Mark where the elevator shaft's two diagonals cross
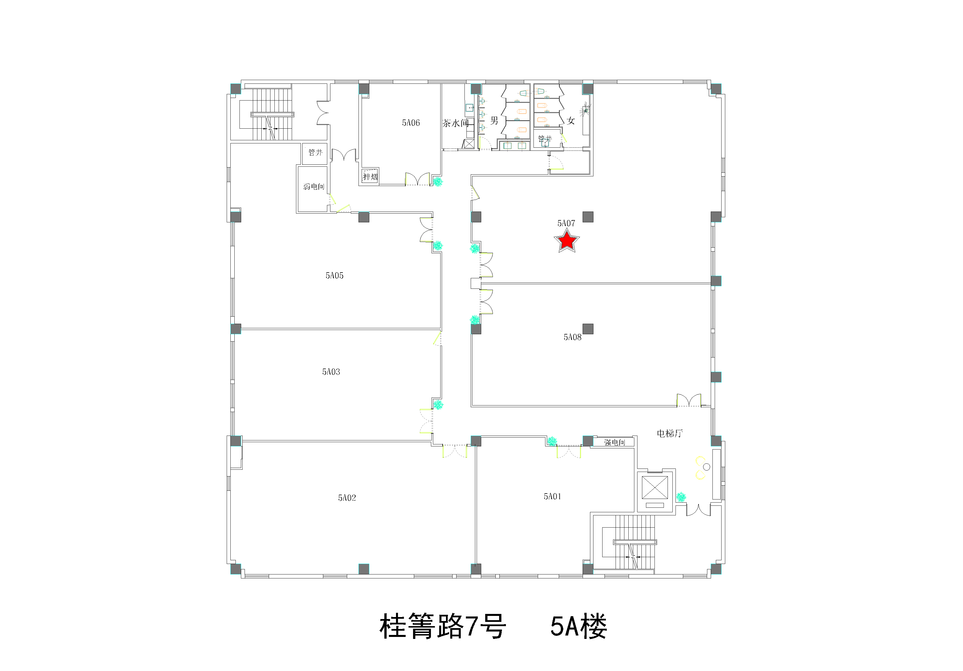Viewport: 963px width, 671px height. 655,488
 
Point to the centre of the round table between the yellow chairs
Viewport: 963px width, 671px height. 706,467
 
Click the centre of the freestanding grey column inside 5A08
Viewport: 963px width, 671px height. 588,329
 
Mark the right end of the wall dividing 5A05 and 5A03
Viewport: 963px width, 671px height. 441,329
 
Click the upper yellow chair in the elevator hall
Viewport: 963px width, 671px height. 700,461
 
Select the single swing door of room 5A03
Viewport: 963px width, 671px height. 437,338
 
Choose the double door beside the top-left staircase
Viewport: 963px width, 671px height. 323,113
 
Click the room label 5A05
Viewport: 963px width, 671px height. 334,275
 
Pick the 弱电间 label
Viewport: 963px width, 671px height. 314,187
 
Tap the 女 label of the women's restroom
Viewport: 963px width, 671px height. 570,121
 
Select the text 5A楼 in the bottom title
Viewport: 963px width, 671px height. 579,626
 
